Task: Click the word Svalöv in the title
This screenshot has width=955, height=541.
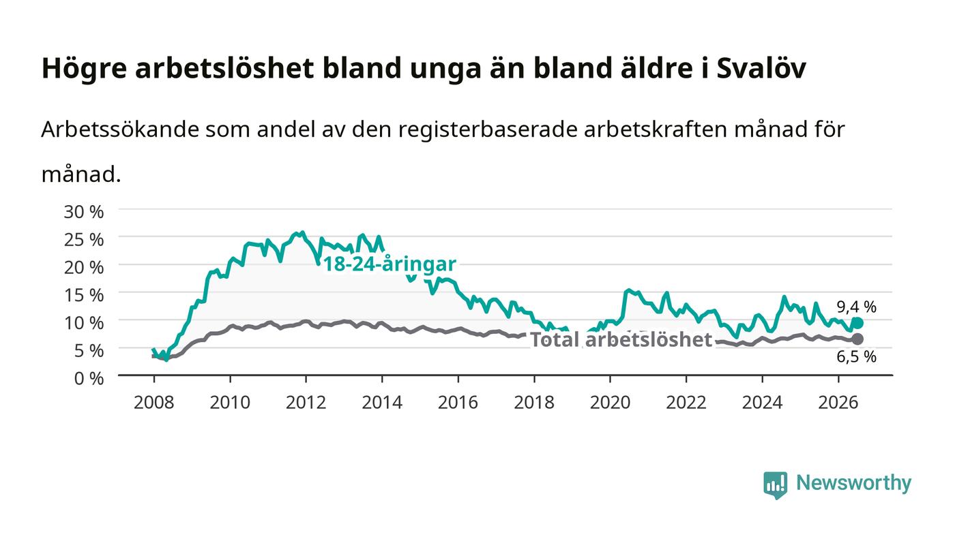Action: click(x=761, y=67)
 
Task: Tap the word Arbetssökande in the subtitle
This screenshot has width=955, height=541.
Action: click(x=120, y=129)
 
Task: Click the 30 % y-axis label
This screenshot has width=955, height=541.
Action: click(x=83, y=212)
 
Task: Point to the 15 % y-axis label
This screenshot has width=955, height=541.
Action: click(x=83, y=295)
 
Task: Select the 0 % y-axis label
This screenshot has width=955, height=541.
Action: click(x=89, y=378)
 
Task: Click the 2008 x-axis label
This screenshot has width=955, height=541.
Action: click(x=154, y=403)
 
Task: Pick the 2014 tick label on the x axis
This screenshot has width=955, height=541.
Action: click(x=382, y=403)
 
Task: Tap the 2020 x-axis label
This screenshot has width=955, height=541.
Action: click(x=610, y=403)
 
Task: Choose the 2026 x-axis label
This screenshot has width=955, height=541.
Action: click(x=838, y=403)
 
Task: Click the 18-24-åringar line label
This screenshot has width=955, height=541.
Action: click(x=390, y=264)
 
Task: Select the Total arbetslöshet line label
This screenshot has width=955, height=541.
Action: click(x=621, y=339)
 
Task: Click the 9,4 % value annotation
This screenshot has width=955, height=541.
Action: click(x=856, y=307)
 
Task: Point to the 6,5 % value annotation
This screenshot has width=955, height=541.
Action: click(x=856, y=356)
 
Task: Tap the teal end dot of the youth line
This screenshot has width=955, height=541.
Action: click(x=857, y=324)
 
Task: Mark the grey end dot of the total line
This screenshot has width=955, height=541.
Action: click(x=857, y=339)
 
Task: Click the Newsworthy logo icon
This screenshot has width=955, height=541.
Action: click(x=775, y=484)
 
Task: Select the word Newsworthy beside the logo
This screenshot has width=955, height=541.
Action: click(x=853, y=482)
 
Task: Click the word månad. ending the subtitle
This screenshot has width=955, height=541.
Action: click(x=81, y=174)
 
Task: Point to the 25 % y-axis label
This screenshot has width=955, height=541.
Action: click(x=83, y=240)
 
